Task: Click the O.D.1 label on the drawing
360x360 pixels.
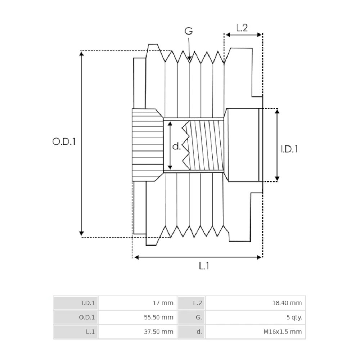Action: click(x=64, y=141)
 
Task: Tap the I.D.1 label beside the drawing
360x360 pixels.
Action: click(x=289, y=149)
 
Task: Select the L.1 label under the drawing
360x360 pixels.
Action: click(x=204, y=266)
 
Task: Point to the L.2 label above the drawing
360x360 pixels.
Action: click(x=242, y=28)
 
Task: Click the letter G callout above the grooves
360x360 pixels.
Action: click(x=189, y=31)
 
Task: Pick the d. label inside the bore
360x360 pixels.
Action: click(x=176, y=146)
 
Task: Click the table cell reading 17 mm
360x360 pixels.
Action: click(x=163, y=303)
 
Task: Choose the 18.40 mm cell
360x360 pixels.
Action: click(x=287, y=303)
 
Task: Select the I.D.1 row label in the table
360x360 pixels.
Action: click(x=88, y=303)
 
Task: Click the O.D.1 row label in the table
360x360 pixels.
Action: click(x=86, y=318)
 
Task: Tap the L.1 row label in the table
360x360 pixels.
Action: click(x=90, y=332)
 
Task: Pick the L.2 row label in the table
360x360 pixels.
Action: click(x=197, y=303)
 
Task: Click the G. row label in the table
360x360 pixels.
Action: click(x=199, y=318)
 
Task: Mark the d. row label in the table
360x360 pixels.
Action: click(x=199, y=332)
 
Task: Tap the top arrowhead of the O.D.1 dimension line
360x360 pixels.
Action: click(x=81, y=54)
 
